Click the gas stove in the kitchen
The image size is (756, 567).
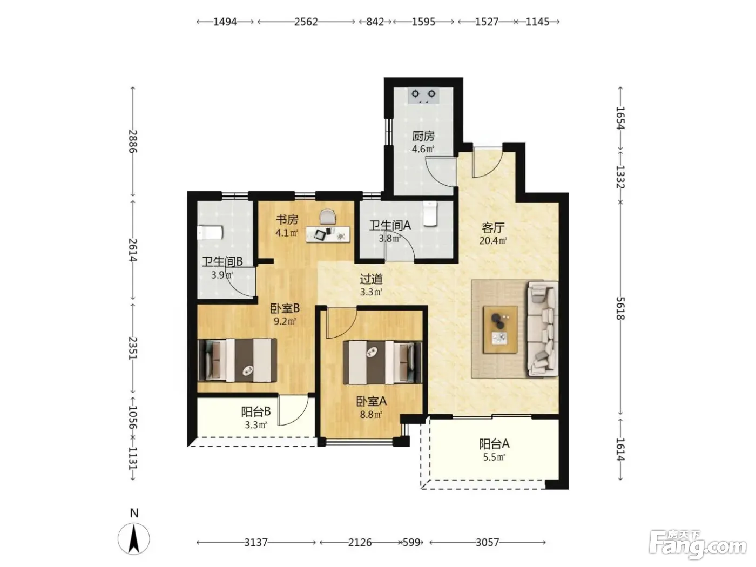(423, 96)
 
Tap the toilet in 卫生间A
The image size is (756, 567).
(430, 214)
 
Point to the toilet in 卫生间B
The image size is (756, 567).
(210, 232)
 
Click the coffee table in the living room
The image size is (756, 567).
(500, 329)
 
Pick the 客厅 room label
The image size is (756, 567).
(493, 227)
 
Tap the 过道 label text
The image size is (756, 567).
(371, 279)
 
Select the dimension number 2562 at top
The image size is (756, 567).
(306, 22)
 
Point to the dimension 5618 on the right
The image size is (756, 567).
(620, 308)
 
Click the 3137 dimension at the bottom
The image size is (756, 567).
(256, 543)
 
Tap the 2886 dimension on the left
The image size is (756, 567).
(133, 141)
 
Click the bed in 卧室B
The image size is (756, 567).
(237, 360)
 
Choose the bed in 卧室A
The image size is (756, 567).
(382, 362)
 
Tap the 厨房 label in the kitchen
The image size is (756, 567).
(423, 136)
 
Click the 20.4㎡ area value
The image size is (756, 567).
(493, 241)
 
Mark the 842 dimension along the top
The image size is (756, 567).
(375, 22)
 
